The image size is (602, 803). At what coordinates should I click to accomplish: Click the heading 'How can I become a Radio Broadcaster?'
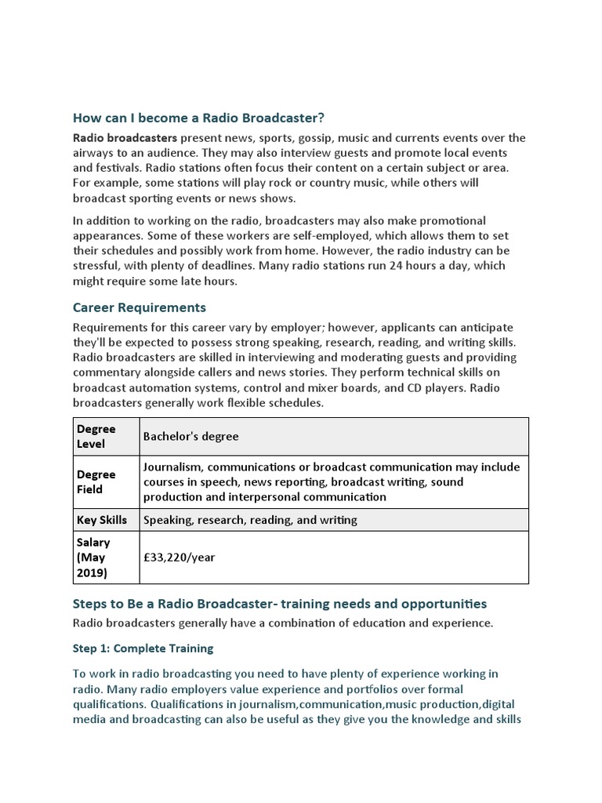point(198,118)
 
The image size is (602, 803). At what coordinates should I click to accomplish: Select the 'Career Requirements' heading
point(139,307)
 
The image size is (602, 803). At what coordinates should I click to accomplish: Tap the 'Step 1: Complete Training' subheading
point(143,649)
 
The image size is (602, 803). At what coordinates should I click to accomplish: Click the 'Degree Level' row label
point(96,436)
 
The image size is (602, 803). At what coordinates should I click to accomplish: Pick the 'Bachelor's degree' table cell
point(191,436)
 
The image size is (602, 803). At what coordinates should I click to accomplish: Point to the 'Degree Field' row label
point(96,481)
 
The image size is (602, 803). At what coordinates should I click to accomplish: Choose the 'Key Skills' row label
point(102,520)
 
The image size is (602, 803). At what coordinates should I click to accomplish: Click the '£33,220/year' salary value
point(179,558)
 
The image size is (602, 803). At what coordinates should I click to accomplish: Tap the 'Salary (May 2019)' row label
point(93,558)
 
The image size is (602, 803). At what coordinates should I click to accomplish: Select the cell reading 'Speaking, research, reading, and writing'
point(250,520)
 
